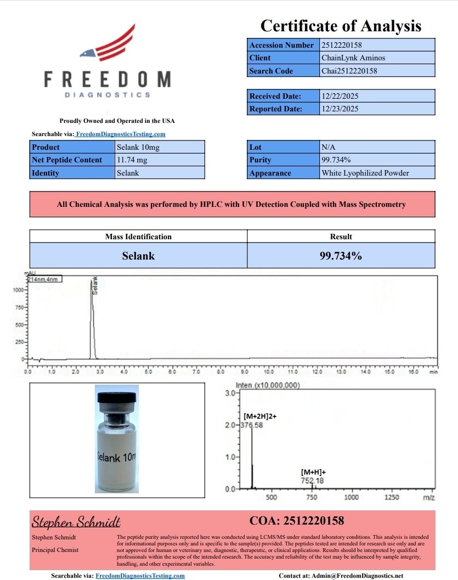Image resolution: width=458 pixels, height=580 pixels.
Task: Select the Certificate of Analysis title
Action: [x=341, y=26]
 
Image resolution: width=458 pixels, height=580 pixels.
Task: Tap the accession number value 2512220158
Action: [x=342, y=45]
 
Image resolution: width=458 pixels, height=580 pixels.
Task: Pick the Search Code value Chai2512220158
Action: [x=349, y=71]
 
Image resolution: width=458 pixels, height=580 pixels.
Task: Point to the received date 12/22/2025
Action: [x=340, y=96]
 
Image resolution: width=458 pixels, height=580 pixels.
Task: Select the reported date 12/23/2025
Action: [x=340, y=109]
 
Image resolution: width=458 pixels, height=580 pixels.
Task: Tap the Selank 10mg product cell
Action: [x=138, y=147]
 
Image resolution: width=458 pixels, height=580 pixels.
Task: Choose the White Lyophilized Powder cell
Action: [x=365, y=173]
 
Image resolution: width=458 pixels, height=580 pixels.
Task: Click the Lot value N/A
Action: [x=328, y=147]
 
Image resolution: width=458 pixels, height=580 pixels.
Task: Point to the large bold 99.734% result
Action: [x=341, y=256]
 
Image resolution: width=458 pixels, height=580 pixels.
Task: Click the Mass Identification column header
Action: [x=138, y=236]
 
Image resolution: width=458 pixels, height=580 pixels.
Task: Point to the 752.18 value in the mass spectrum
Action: [x=312, y=481]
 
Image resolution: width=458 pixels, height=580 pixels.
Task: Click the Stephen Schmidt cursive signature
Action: [x=76, y=521]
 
